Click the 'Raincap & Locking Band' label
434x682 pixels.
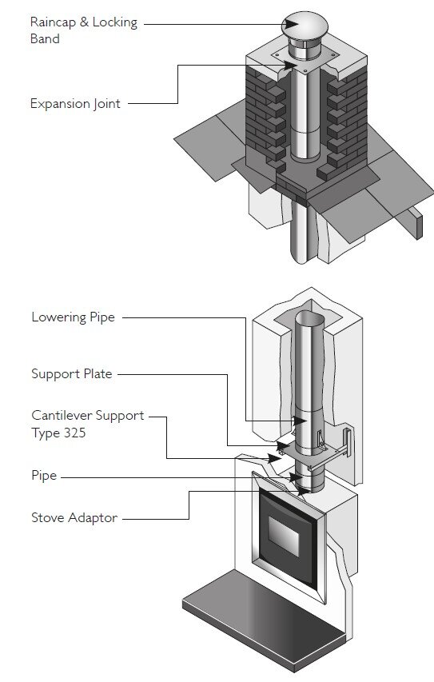(83, 30)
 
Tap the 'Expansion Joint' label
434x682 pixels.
(75, 104)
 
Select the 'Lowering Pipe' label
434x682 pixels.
(73, 317)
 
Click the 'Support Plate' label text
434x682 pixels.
(72, 373)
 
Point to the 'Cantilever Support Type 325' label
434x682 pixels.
(87, 424)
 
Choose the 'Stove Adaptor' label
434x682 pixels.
(74, 517)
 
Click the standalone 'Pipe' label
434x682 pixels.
(44, 476)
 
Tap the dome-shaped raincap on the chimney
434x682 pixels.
(305, 26)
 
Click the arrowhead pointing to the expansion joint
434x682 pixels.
(290, 66)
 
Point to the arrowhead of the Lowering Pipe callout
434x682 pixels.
(300, 421)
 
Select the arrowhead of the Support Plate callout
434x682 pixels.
(283, 446)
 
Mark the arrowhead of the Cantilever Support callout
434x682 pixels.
(275, 458)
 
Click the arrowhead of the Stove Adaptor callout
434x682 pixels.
(304, 491)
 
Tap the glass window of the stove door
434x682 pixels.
(284, 536)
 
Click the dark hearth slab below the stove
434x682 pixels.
(266, 620)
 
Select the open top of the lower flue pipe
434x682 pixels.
(309, 317)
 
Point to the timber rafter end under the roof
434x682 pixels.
(416, 223)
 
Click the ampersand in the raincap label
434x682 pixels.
(84, 22)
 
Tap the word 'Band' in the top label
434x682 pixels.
(45, 38)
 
